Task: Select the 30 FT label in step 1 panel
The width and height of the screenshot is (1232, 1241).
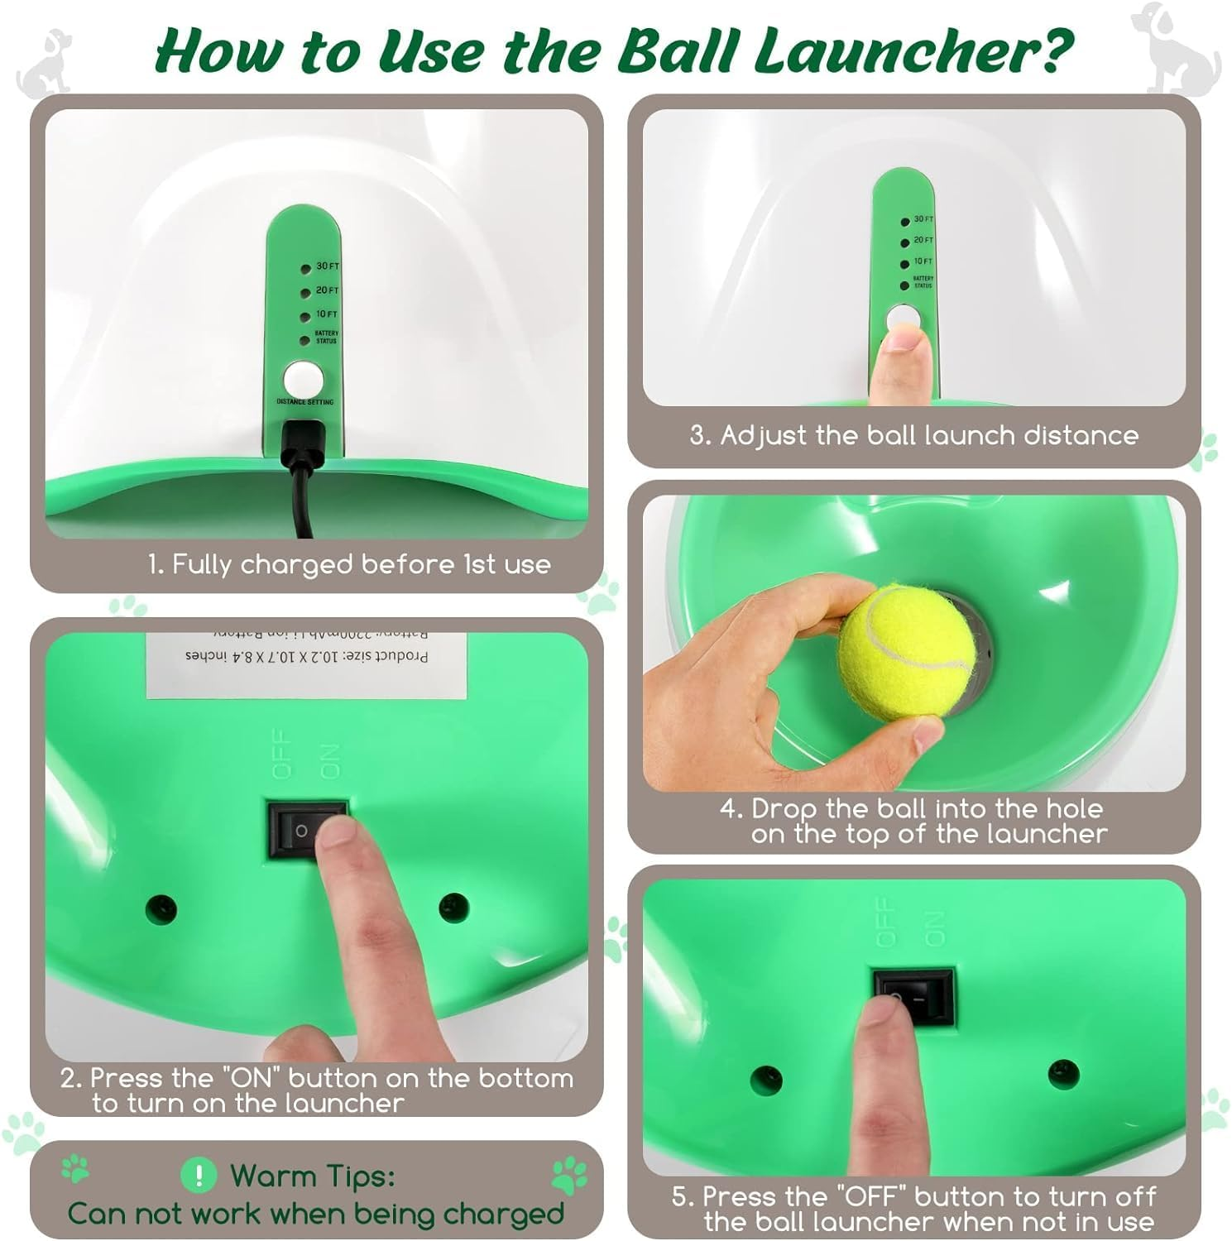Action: pos(328,266)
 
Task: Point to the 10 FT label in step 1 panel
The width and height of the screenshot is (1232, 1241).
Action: pos(327,314)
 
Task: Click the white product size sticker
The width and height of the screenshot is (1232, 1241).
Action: pos(306,664)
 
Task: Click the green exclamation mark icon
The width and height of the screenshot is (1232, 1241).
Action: pos(199,1175)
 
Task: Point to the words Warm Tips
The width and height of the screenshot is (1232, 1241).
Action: pos(313,1176)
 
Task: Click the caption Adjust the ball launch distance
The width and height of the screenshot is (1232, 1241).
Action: pos(913,436)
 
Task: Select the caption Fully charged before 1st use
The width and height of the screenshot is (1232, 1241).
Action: pos(348,564)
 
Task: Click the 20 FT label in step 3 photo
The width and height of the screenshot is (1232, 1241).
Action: pos(923,241)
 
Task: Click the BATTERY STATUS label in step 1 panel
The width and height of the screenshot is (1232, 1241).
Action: pos(326,337)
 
